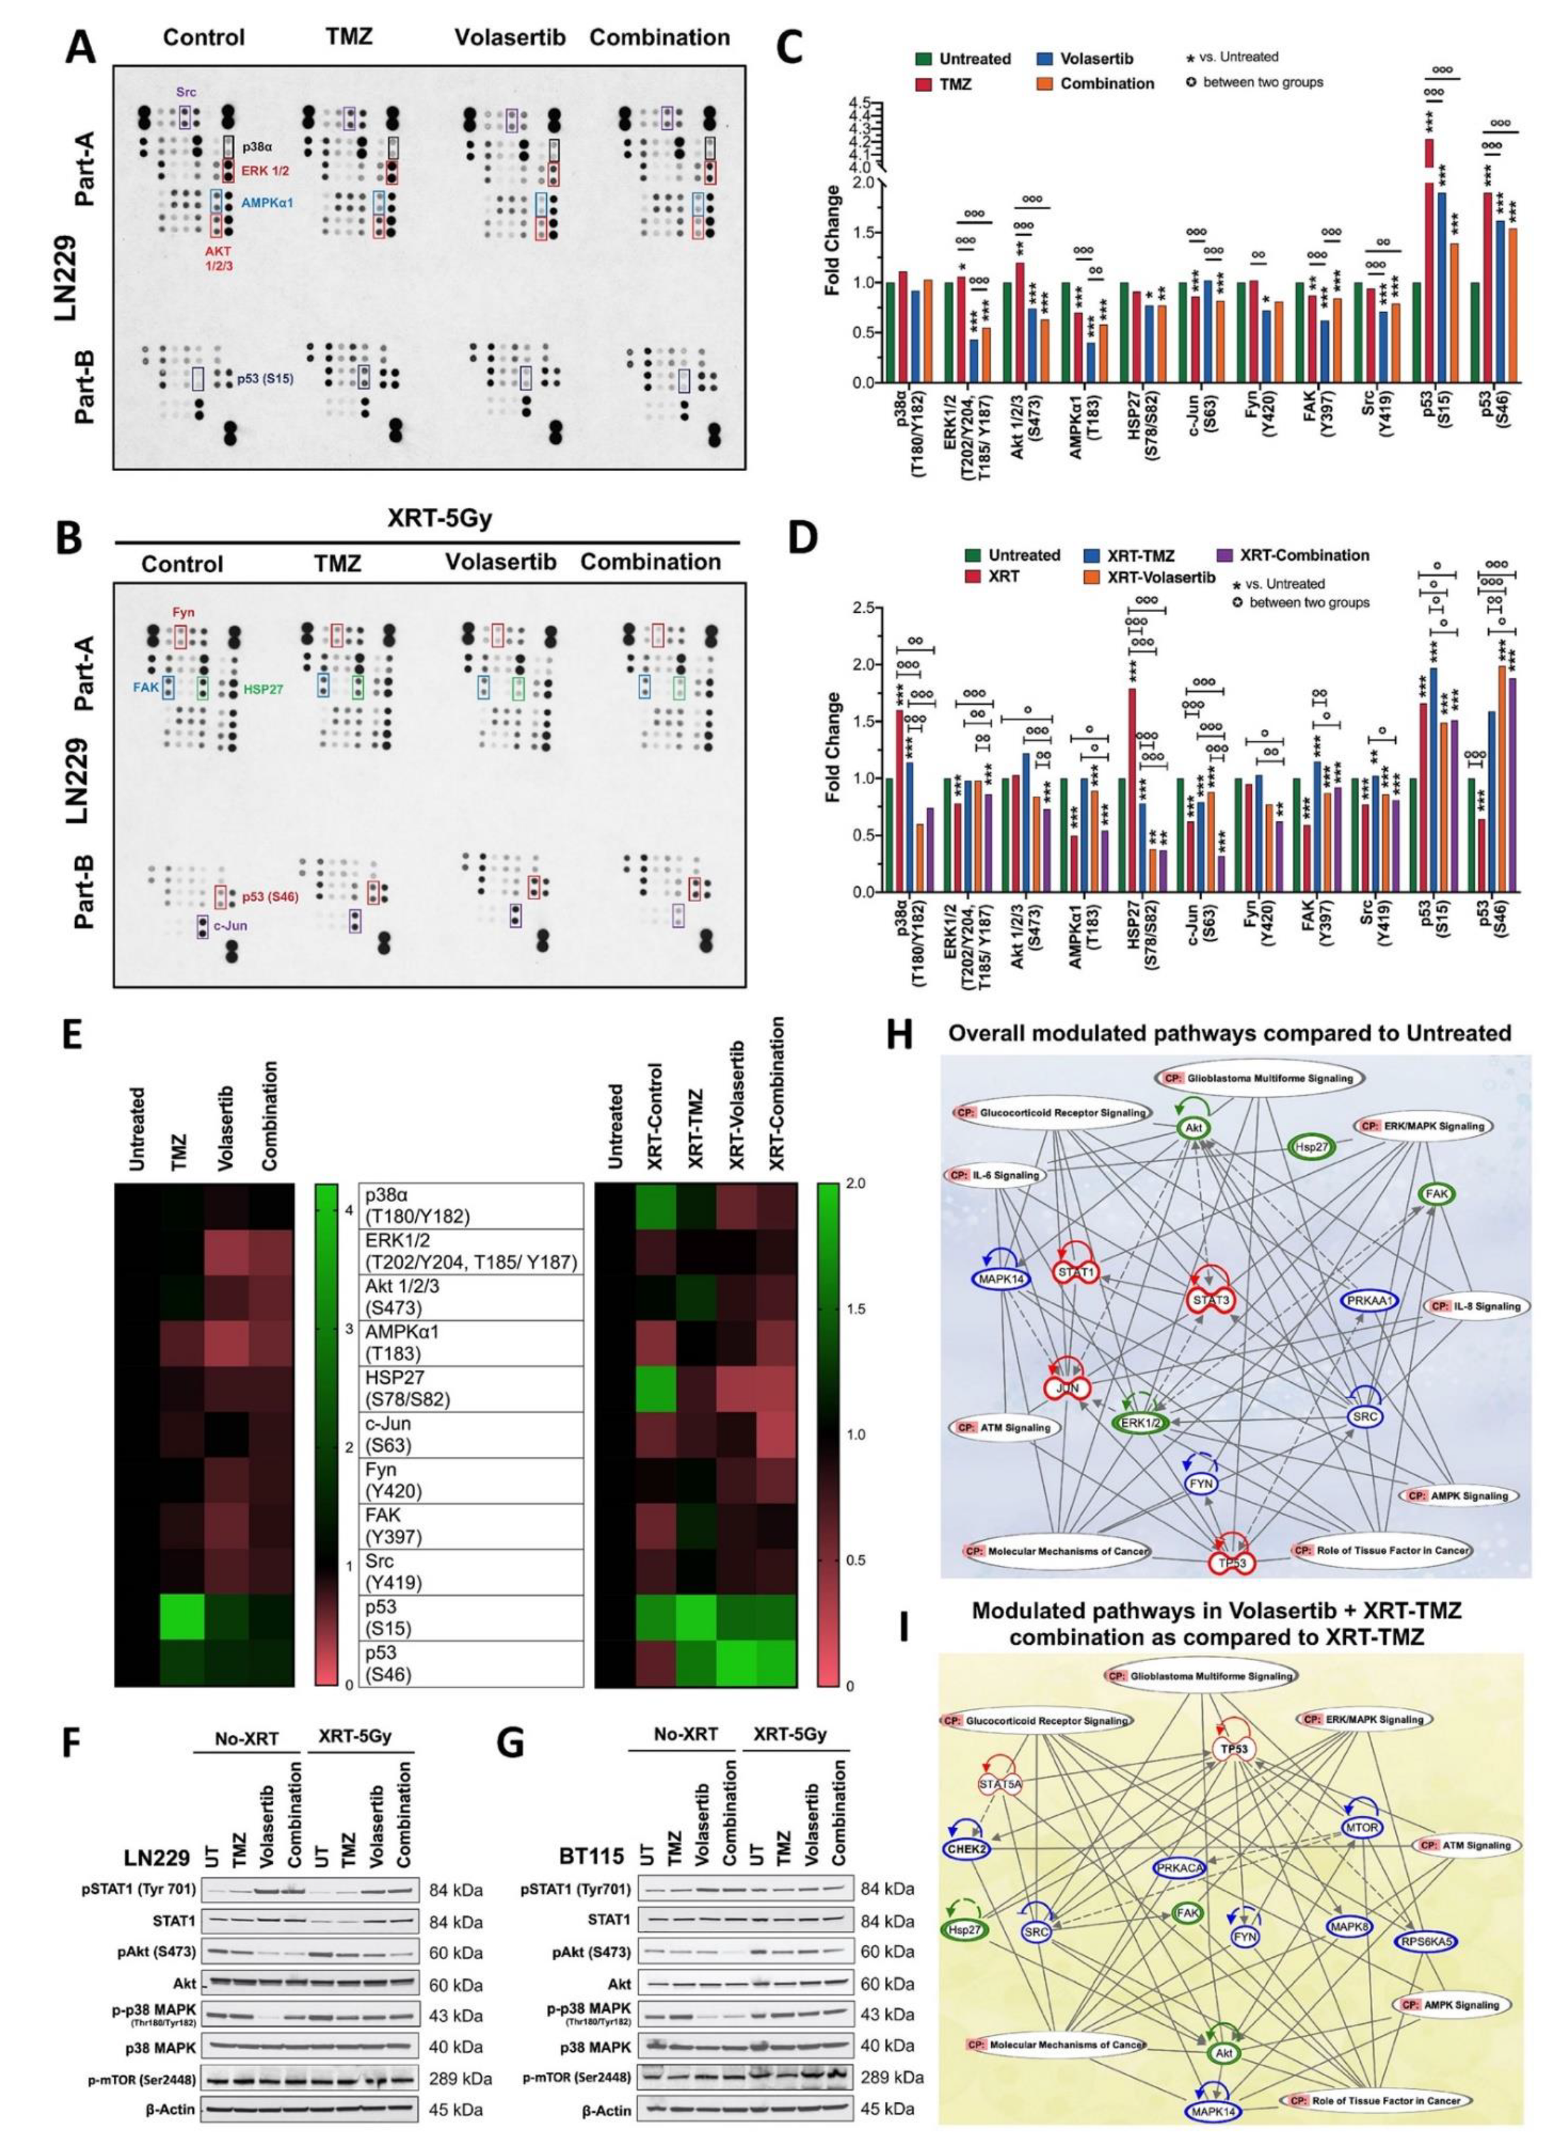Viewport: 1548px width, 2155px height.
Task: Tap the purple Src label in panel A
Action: tap(186, 92)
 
